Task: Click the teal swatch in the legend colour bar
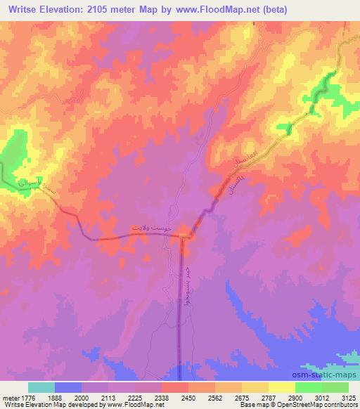41,387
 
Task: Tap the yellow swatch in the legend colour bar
282,387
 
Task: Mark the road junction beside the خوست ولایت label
184,236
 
